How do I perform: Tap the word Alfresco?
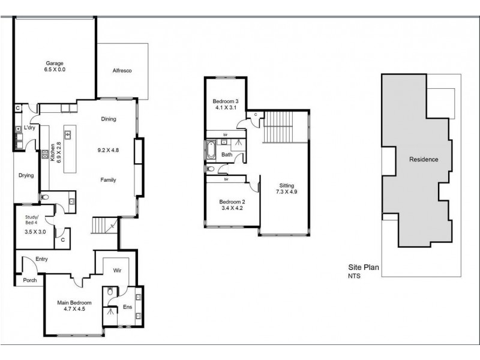122,71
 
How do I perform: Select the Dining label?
109,119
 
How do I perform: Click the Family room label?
108,180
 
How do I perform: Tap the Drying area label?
26,176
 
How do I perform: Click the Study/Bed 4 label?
32,220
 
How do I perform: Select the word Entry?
41,259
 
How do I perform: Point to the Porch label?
29,280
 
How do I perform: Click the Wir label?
118,271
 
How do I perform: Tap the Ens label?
127,307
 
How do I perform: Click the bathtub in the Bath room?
212,151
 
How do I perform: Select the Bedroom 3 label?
226,101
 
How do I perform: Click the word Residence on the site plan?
424,160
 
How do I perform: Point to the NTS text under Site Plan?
355,277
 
